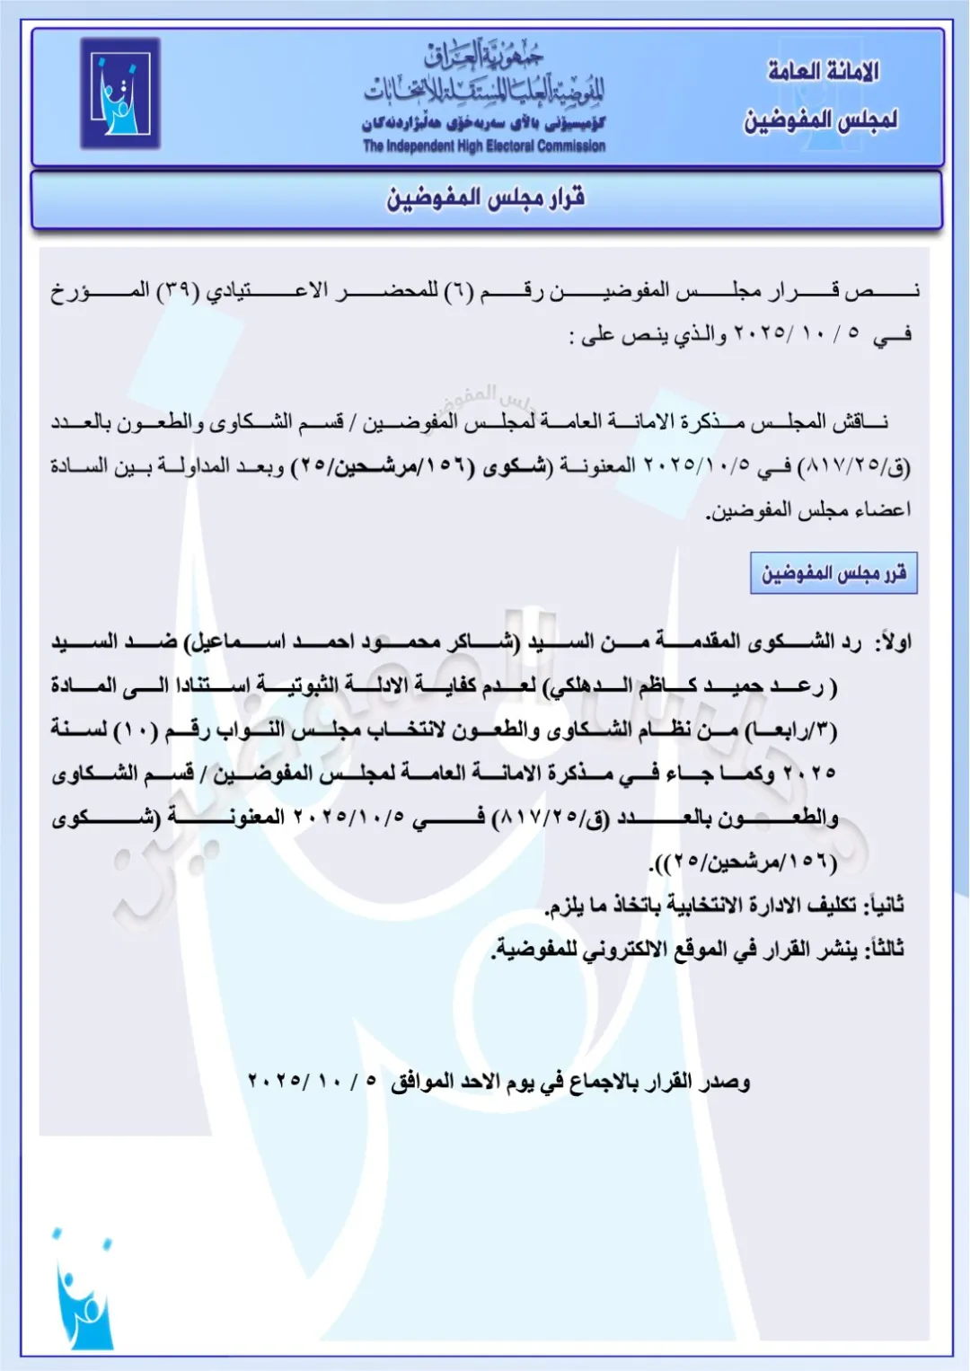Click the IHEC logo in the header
pos(120,93)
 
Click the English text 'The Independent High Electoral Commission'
pos(484,146)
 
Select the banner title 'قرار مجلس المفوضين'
pos(486,198)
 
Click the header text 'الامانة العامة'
pos(823,71)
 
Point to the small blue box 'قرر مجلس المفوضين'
pos(833,573)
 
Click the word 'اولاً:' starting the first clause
pos(893,642)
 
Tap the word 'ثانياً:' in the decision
pos(884,905)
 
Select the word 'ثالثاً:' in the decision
pos(884,949)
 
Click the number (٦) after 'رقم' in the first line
pos(456,291)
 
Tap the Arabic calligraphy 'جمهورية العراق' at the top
pos(484,57)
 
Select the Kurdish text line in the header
pos(484,123)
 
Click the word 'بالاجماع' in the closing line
pos(608,1082)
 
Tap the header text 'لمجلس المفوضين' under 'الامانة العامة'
pos(821,119)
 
